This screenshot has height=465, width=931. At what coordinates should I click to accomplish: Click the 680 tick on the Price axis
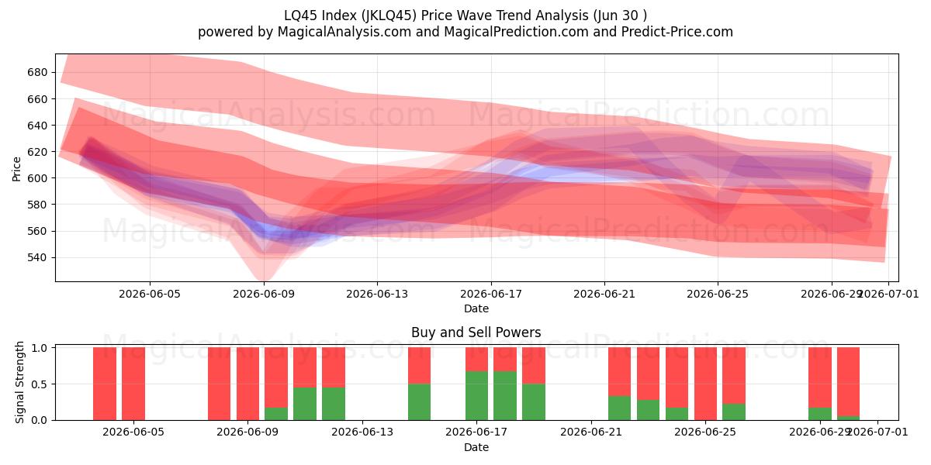tap(37, 73)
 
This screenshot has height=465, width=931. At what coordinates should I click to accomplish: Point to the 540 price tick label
tap(37, 258)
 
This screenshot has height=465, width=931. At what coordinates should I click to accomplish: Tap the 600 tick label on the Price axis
tap(37, 178)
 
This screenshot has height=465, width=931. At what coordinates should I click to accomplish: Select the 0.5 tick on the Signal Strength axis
tap(40, 384)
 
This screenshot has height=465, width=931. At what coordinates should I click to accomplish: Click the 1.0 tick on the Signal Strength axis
tap(40, 348)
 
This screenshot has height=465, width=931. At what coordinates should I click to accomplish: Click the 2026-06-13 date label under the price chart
tap(377, 294)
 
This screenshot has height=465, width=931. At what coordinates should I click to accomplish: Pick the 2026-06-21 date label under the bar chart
tap(591, 432)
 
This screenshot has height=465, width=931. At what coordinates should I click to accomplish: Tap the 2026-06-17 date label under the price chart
tap(491, 294)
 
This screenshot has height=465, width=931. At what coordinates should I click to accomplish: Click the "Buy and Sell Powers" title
tap(476, 332)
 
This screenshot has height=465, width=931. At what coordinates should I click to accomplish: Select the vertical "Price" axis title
tap(16, 169)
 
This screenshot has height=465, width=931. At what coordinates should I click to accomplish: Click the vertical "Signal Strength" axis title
tap(19, 382)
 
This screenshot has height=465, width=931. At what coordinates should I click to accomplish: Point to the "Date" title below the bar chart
tap(476, 448)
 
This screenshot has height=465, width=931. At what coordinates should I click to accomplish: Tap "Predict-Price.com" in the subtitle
tap(677, 32)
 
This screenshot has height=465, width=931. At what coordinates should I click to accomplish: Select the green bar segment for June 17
tap(476, 396)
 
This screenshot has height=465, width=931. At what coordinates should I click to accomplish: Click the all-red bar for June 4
tap(105, 384)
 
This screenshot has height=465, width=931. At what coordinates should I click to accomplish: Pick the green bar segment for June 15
tap(420, 402)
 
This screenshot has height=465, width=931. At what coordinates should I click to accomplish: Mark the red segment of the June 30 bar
tap(848, 381)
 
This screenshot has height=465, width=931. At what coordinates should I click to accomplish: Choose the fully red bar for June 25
tap(705, 384)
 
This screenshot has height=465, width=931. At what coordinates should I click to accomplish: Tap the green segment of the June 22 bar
tap(620, 408)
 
